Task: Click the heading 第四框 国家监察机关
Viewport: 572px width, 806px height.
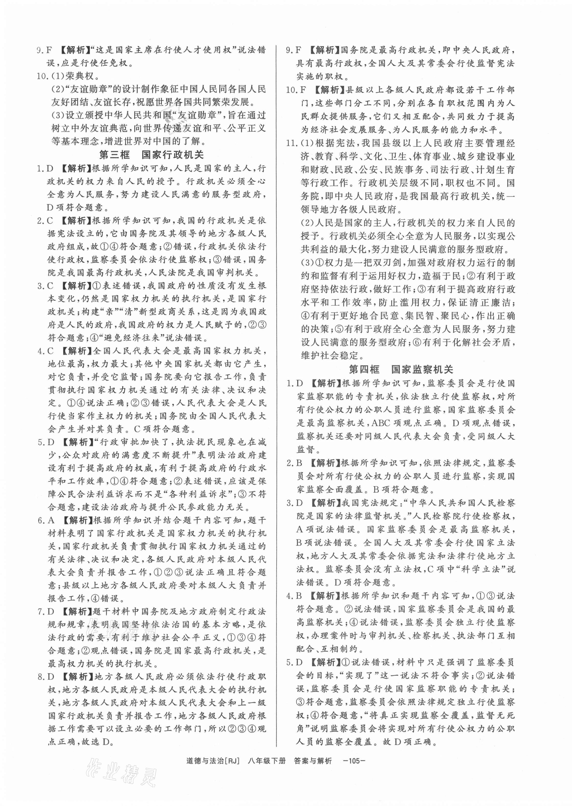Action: coord(400,369)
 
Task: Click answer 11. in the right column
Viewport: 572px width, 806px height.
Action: coord(292,143)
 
